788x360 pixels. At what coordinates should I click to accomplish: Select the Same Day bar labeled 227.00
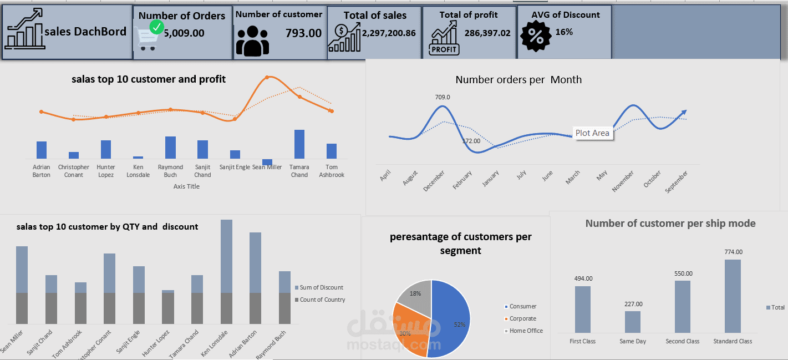point(633,322)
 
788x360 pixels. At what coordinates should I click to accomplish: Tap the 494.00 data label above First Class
point(583,278)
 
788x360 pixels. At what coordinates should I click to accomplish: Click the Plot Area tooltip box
point(592,133)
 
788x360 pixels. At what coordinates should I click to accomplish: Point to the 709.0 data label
point(443,97)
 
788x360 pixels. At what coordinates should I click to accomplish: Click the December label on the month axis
point(434,181)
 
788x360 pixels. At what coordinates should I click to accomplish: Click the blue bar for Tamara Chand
point(299,144)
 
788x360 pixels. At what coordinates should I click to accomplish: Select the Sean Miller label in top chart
point(267,167)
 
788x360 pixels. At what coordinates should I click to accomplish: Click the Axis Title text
point(186,186)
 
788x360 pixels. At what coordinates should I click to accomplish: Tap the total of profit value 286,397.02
point(487,33)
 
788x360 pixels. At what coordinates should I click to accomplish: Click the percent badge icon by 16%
point(536,36)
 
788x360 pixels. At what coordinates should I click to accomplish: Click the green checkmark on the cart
point(157,27)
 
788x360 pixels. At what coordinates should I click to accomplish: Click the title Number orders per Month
point(518,80)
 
